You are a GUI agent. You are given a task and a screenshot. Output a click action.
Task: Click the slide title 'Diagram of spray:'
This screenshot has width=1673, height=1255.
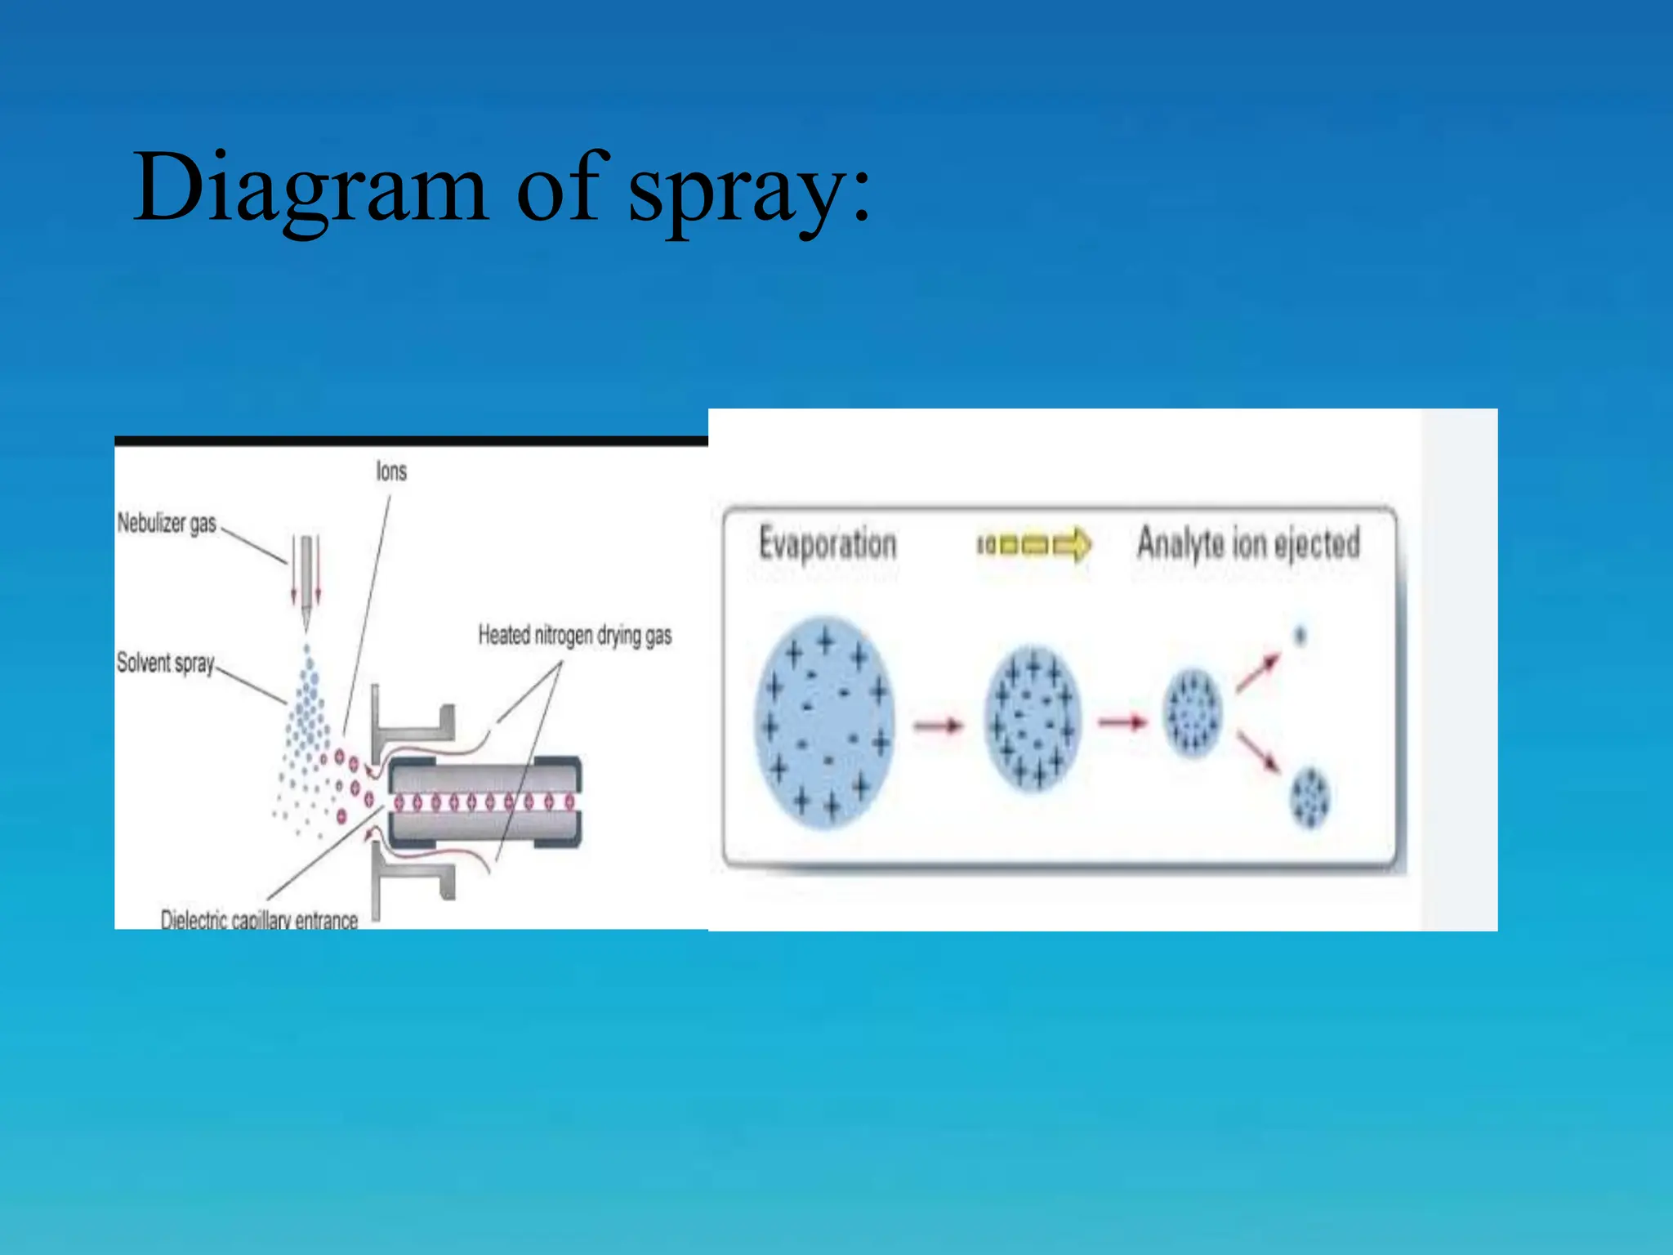click(502, 188)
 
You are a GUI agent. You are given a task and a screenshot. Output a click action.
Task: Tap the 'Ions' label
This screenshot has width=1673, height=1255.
click(391, 471)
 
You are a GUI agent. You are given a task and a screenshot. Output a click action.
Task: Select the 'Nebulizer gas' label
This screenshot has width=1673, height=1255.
click(167, 523)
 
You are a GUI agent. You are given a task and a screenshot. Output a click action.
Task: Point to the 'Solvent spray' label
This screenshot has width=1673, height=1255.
click(165, 663)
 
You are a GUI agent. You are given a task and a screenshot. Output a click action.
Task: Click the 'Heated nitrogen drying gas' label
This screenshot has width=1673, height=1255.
click(574, 636)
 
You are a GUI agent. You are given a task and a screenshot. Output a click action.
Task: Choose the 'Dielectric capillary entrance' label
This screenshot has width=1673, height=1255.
click(259, 920)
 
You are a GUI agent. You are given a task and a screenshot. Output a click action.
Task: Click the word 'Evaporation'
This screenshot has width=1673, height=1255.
click(828, 544)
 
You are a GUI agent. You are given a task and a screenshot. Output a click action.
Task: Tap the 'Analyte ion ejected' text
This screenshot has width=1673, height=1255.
click(1248, 544)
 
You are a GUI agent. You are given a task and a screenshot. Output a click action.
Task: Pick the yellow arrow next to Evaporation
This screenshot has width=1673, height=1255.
click(1034, 544)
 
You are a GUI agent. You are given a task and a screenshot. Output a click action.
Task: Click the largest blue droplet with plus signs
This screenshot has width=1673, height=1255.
click(824, 722)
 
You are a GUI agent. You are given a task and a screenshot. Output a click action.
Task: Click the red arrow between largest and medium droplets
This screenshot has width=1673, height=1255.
click(939, 725)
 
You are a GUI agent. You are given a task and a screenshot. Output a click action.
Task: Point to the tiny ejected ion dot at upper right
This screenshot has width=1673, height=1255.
click(1300, 635)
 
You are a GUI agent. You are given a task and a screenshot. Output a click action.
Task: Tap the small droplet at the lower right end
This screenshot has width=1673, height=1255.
click(1309, 797)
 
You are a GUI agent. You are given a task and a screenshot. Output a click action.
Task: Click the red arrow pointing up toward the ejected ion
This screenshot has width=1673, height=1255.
click(1258, 672)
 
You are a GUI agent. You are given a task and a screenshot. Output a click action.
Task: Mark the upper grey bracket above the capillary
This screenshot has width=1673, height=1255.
click(412, 724)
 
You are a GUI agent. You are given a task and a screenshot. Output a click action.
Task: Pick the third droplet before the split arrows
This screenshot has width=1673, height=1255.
click(1193, 712)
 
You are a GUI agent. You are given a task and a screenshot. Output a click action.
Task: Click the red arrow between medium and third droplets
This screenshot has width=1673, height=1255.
click(1123, 722)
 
